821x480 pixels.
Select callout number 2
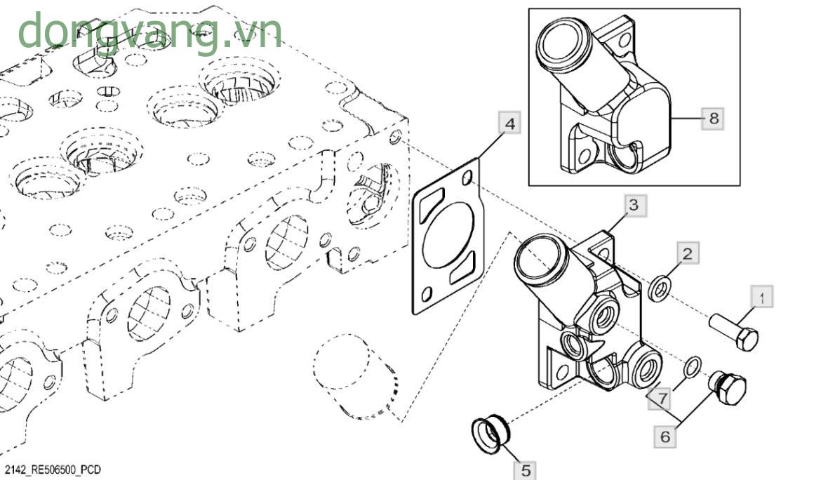[688, 253]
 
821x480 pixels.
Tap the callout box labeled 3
[633, 205]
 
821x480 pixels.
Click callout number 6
[665, 436]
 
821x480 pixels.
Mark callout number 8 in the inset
[714, 118]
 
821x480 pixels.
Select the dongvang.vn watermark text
[149, 32]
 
